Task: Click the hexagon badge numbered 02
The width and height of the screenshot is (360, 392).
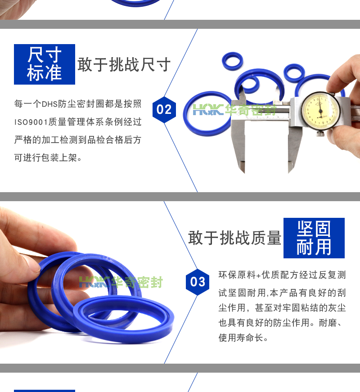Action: tap(164, 109)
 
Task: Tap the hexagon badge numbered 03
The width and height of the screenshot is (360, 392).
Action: tap(198, 282)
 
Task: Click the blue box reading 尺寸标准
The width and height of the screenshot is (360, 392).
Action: tap(45, 64)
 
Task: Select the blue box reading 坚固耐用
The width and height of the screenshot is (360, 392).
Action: tap(314, 238)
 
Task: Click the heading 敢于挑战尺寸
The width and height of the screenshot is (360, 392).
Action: tap(124, 64)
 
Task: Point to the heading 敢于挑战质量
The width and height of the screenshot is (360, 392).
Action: tap(235, 238)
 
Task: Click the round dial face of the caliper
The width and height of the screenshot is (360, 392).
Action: tap(320, 111)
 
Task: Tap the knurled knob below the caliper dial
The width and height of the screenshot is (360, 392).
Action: tap(320, 133)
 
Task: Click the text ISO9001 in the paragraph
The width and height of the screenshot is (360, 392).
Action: tap(31, 122)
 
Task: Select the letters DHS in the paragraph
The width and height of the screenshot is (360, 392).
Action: tap(49, 104)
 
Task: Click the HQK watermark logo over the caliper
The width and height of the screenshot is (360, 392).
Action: tap(208, 110)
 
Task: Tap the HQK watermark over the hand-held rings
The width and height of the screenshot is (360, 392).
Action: tap(94, 282)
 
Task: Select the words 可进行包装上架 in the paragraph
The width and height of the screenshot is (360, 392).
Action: tap(45, 158)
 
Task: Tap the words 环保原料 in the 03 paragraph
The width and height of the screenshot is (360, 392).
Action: tap(237, 275)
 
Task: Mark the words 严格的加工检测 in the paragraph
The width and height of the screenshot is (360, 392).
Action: tap(46, 140)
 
